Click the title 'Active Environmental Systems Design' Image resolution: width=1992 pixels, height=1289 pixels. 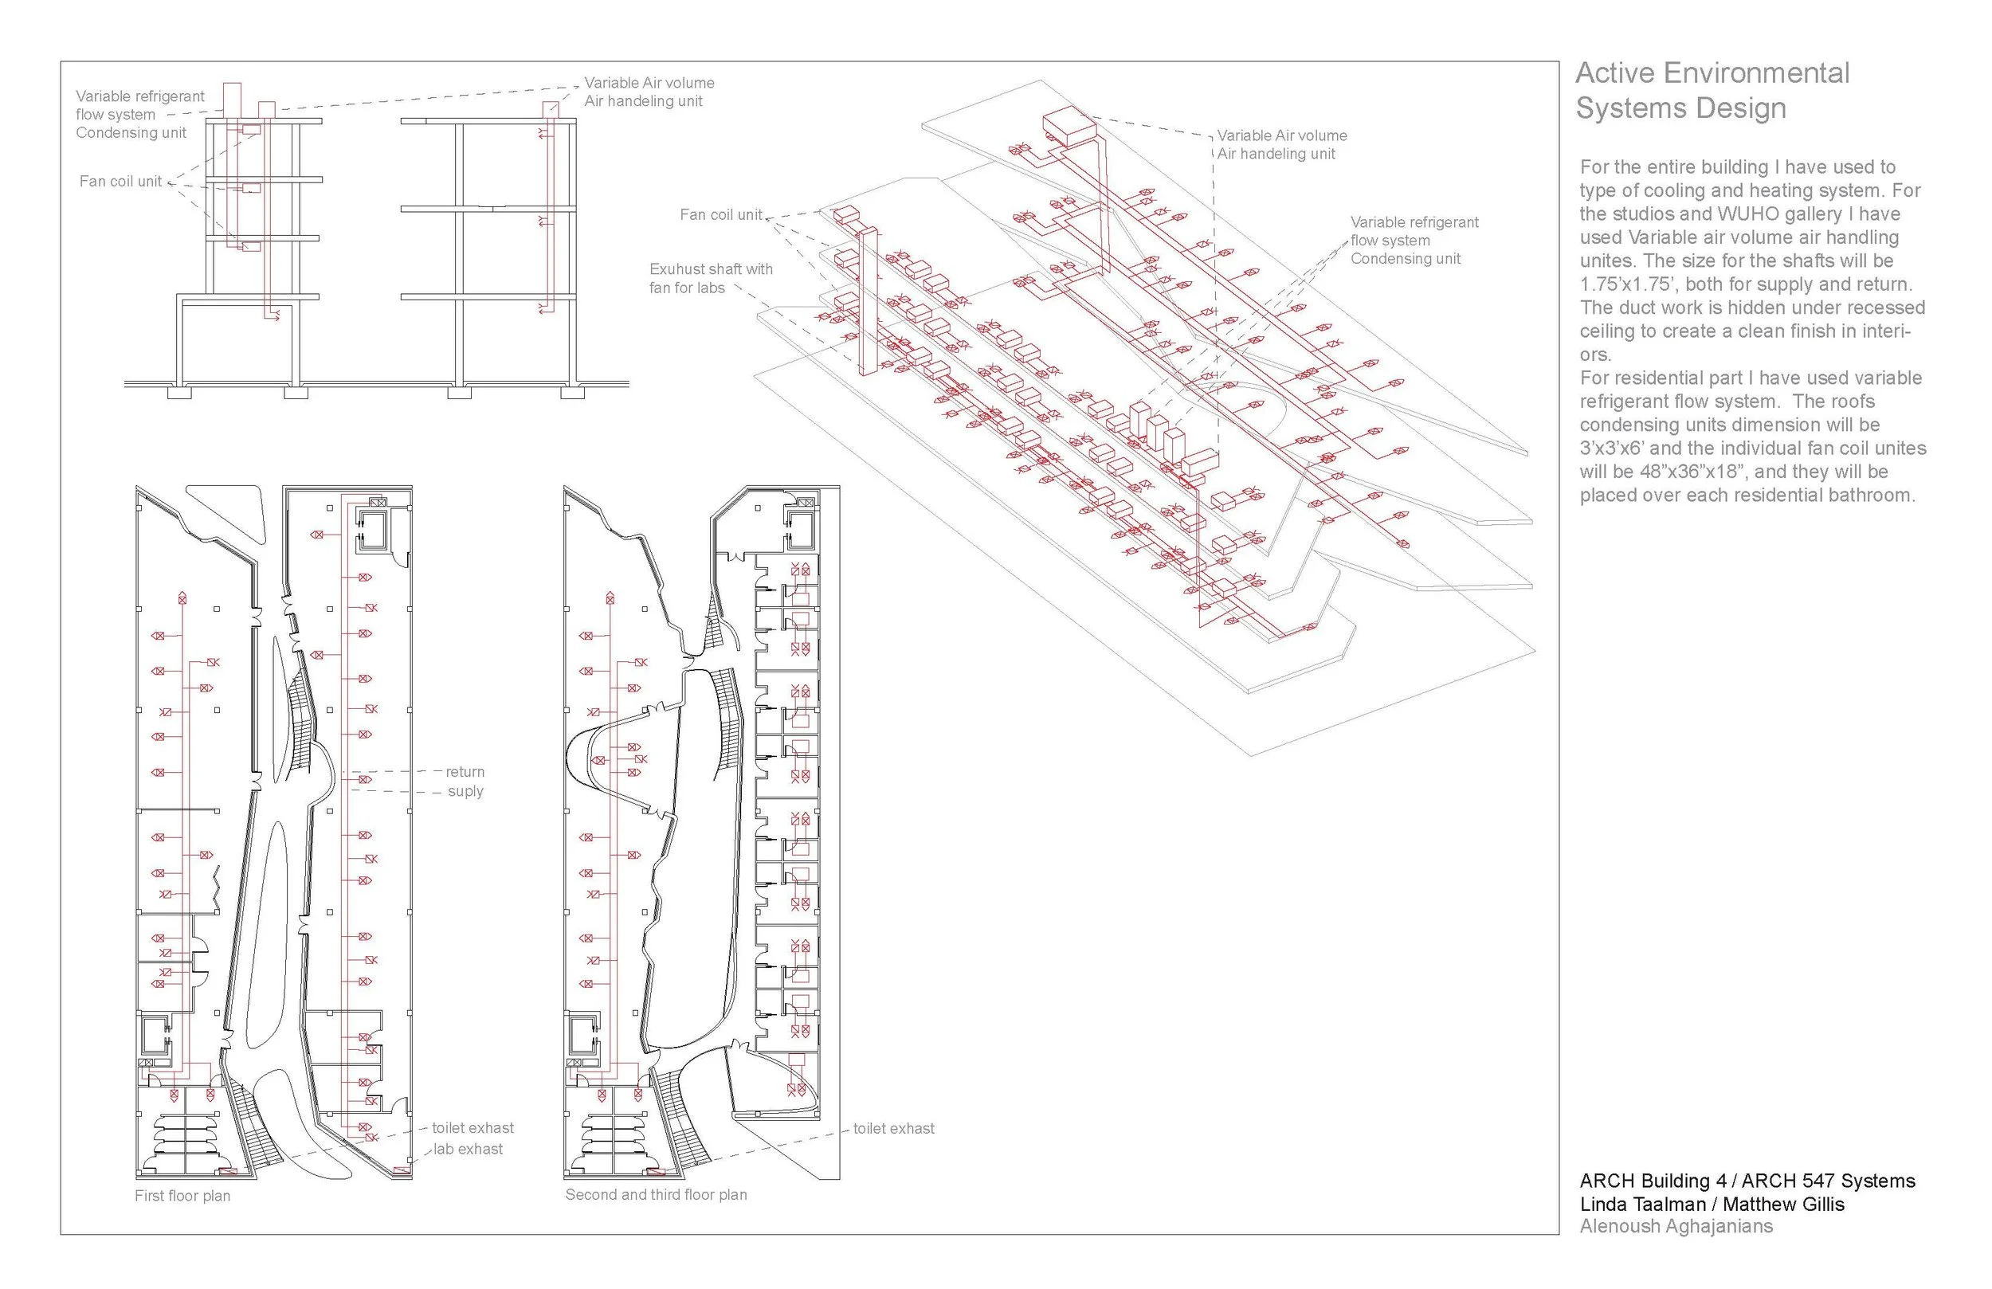coord(1712,90)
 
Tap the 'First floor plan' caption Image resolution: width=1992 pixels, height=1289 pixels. coord(182,1196)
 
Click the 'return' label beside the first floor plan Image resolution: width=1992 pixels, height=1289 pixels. coord(465,772)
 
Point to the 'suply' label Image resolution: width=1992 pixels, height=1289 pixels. coord(465,791)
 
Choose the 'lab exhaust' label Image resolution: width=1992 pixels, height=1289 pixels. coord(468,1150)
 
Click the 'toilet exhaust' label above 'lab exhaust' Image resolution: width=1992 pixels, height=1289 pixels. coord(473,1128)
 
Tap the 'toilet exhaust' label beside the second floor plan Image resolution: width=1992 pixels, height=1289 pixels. coord(894,1128)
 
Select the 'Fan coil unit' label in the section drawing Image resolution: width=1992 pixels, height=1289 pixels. coord(120,181)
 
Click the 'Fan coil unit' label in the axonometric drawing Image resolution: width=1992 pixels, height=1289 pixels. coord(720,214)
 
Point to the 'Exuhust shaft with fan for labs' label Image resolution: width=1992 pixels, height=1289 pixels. coord(711,278)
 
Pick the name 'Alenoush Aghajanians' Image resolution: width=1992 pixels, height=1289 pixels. coord(1676,1226)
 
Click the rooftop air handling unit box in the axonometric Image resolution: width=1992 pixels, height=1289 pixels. coord(1068,127)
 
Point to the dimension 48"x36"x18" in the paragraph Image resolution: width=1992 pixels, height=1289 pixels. coord(1692,472)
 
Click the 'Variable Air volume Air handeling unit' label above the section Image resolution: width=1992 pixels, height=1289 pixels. coord(649,92)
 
